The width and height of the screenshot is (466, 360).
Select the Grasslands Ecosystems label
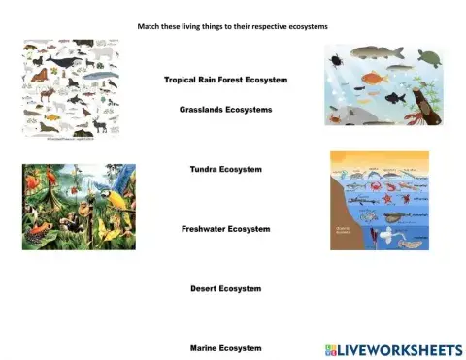click(225, 110)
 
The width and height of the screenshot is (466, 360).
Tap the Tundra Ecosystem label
click(225, 169)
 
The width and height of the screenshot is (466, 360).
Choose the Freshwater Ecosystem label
click(225, 229)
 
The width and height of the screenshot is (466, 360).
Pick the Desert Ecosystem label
click(225, 288)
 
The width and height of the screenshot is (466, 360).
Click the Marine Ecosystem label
click(225, 347)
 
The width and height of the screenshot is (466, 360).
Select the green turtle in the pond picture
click(427, 57)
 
